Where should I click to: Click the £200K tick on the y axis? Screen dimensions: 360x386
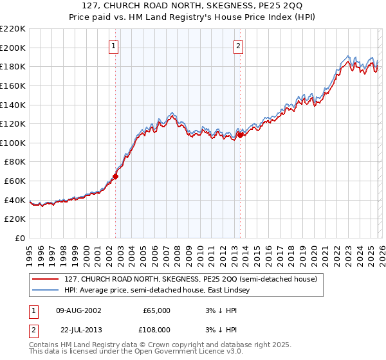pyautogui.click(x=13, y=48)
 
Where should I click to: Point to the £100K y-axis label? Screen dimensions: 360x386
pyautogui.click(x=13, y=143)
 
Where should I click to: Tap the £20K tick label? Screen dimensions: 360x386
pyautogui.click(x=15, y=219)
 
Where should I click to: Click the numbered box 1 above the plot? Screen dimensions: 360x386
pyautogui.click(x=114, y=46)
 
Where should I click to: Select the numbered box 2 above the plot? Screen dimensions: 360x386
pyautogui.click(x=238, y=46)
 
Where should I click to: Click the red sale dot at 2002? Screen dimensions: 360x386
pyautogui.click(x=116, y=175)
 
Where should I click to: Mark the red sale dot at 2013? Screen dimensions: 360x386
pyautogui.click(x=240, y=135)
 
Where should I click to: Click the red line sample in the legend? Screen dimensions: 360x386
pyautogui.click(x=46, y=280)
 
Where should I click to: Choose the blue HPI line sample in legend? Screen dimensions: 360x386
pyautogui.click(x=46, y=291)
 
